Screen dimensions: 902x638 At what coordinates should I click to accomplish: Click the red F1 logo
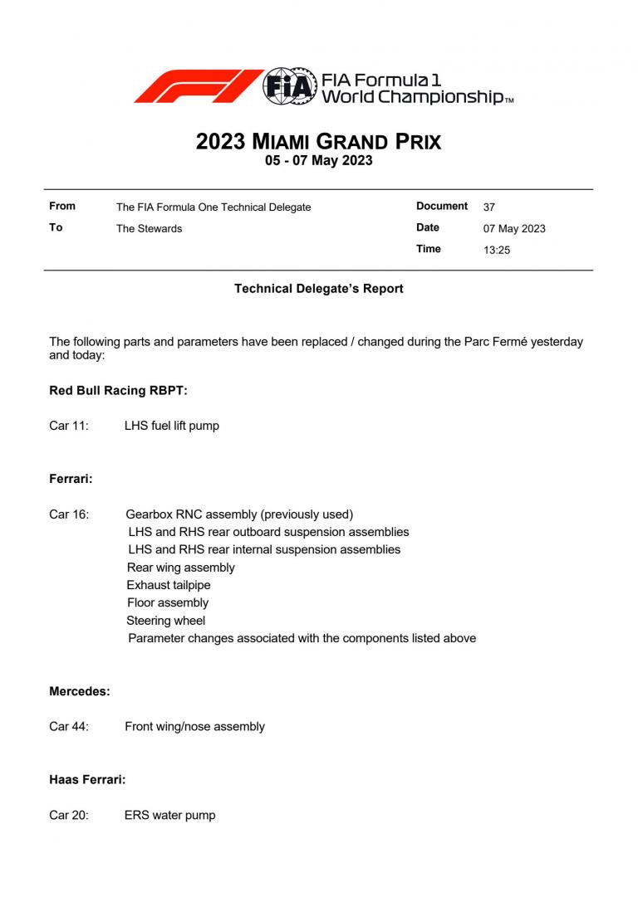tap(198, 86)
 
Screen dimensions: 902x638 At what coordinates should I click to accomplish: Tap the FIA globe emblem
tap(290, 86)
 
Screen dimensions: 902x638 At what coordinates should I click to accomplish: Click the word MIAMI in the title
tap(281, 142)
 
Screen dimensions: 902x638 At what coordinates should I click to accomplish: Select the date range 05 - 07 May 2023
tap(319, 161)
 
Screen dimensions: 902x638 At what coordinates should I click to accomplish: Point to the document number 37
tap(489, 207)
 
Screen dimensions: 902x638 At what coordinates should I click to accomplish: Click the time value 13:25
tap(497, 250)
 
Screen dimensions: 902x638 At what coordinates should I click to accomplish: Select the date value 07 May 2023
tap(514, 229)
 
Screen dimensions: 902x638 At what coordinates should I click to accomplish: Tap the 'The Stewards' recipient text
tap(149, 229)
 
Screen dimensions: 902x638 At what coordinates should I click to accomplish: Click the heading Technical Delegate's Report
tap(319, 289)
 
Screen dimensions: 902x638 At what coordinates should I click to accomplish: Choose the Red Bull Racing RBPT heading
tap(118, 391)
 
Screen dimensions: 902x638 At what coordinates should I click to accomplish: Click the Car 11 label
tap(69, 427)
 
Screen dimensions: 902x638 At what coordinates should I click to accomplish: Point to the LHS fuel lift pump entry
tap(172, 427)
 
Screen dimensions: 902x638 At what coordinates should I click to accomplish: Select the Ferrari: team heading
tap(71, 480)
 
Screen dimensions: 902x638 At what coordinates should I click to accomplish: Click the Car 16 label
tap(69, 514)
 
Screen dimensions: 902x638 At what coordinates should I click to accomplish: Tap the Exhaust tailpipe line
tap(169, 586)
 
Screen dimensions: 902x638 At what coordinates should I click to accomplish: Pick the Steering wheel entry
tap(166, 621)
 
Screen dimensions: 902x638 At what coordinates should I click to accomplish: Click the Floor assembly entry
tap(168, 603)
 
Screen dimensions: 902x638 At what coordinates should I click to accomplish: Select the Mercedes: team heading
tap(80, 691)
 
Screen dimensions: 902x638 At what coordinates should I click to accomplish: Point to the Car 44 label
tap(69, 727)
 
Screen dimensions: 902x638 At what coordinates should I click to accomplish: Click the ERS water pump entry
tap(169, 816)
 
